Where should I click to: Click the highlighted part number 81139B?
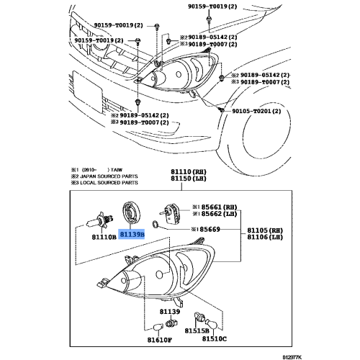[132, 234]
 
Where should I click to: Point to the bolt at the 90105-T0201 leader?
[219, 107]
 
